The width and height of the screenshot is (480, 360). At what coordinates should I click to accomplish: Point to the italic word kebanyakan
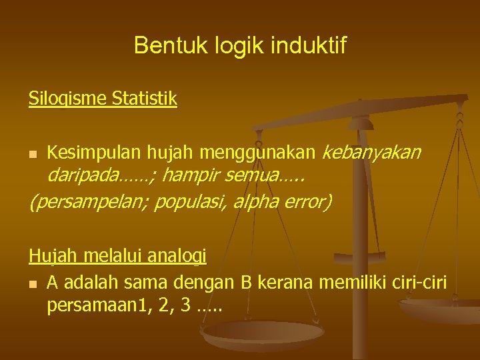click(x=371, y=153)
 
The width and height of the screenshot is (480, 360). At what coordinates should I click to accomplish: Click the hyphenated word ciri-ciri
click(x=419, y=283)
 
